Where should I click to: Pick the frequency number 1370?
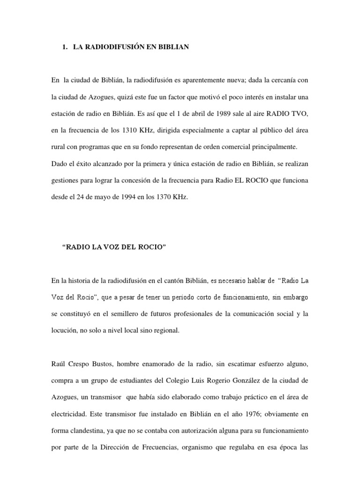click(x=161, y=198)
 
